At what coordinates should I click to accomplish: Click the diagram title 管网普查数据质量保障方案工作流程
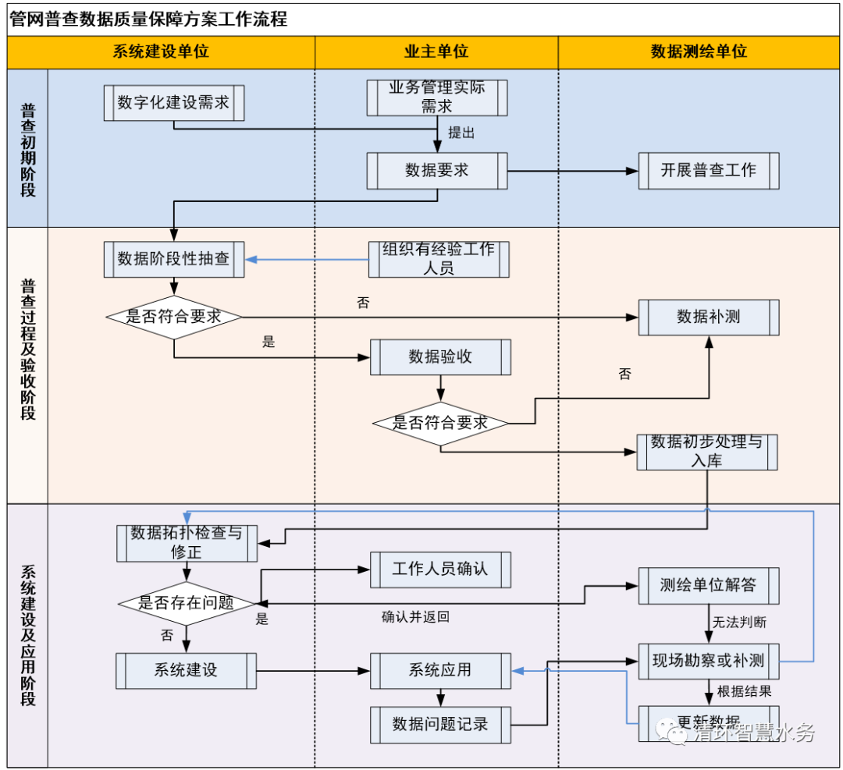pyautogui.click(x=148, y=20)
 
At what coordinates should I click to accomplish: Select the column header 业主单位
pyautogui.click(x=436, y=51)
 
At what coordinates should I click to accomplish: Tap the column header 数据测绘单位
pyautogui.click(x=699, y=51)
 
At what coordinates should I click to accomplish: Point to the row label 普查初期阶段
pyautogui.click(x=28, y=149)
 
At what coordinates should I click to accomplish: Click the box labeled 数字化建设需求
pyautogui.click(x=174, y=102)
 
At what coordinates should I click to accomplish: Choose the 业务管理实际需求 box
pyautogui.click(x=437, y=98)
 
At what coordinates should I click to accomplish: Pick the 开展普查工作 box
pyautogui.click(x=708, y=170)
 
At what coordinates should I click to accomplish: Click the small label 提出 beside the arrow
pyautogui.click(x=461, y=133)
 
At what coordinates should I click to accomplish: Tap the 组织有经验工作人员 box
pyautogui.click(x=438, y=259)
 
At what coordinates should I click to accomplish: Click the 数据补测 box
pyautogui.click(x=708, y=317)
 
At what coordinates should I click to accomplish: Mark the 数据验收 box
pyautogui.click(x=440, y=357)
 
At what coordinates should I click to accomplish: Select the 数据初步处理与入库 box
pyautogui.click(x=706, y=452)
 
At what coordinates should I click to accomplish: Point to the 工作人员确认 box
pyautogui.click(x=440, y=570)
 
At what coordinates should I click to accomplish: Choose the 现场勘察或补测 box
pyautogui.click(x=708, y=662)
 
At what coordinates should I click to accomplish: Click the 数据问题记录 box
pyautogui.click(x=440, y=725)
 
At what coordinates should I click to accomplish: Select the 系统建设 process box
pyautogui.click(x=186, y=670)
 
